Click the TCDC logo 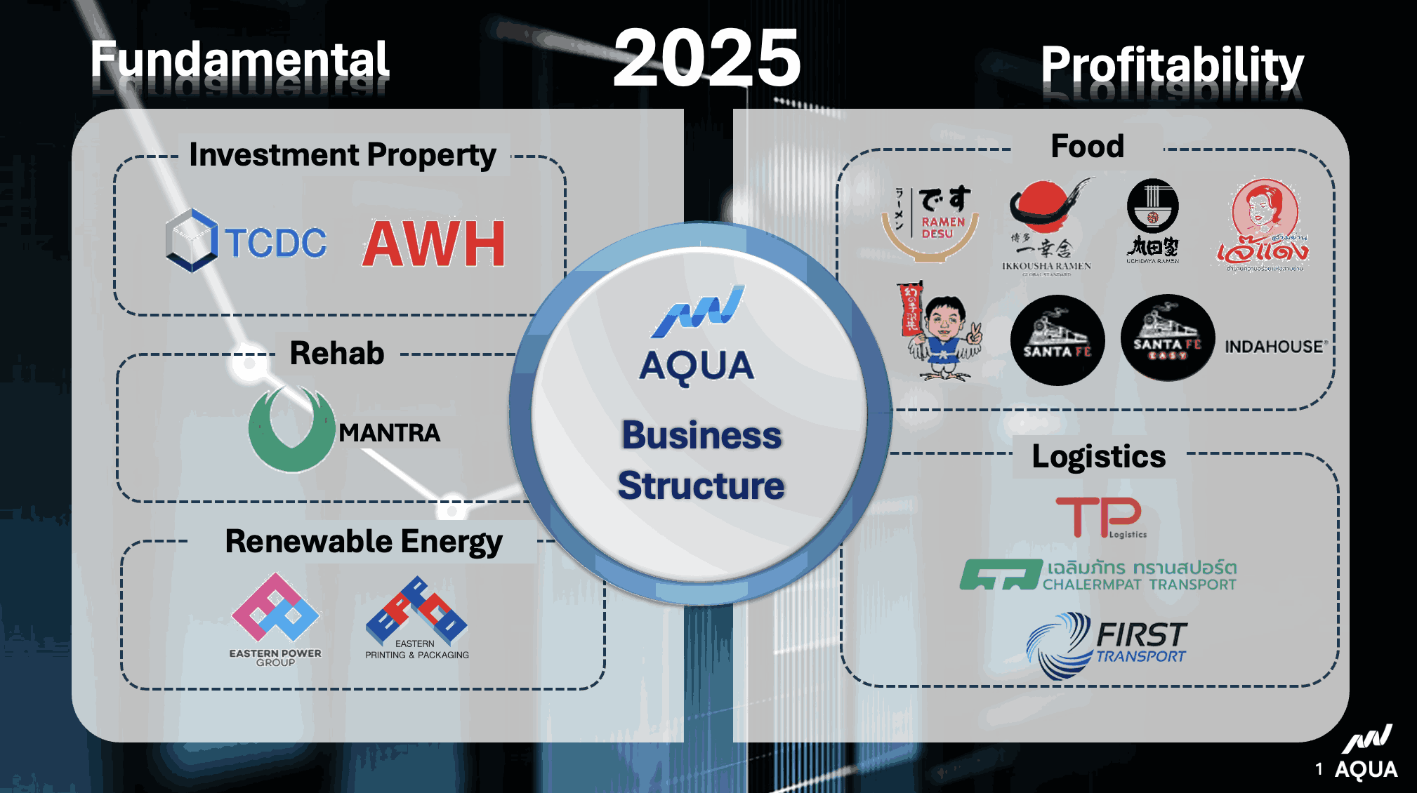tap(246, 241)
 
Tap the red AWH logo tap(434, 244)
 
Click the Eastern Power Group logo tap(275, 618)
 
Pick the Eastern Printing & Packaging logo tap(417, 618)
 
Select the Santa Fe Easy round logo tap(1167, 339)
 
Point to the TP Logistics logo tap(1100, 517)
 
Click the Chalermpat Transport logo tap(1098, 575)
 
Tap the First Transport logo tap(1107, 644)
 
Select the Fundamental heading tap(239, 60)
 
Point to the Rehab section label tap(337, 353)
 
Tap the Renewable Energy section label tap(364, 542)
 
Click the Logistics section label tap(1098, 456)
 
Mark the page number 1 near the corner tap(1319, 769)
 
